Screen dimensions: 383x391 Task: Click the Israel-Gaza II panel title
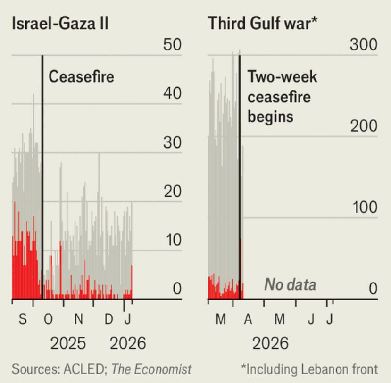coord(60,24)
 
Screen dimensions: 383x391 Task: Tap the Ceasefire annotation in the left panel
coord(82,76)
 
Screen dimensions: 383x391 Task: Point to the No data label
coord(290,285)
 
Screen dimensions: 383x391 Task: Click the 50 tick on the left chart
coord(172,45)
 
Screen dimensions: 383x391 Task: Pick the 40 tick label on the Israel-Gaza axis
coord(172,93)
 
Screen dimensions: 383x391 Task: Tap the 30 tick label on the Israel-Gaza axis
coord(172,142)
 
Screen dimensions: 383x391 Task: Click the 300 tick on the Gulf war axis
coord(363,45)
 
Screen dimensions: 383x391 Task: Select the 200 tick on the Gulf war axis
coord(363,126)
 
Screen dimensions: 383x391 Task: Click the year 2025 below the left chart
coord(68,343)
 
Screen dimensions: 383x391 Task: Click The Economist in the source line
coord(151,368)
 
